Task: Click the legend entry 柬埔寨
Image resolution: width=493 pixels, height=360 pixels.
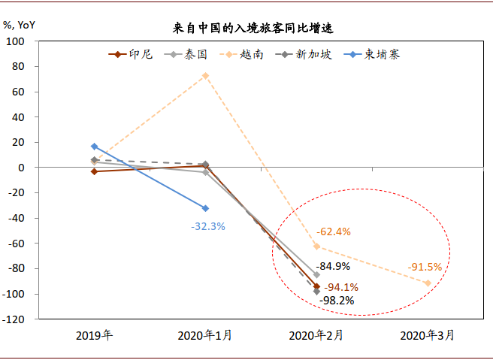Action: point(383,54)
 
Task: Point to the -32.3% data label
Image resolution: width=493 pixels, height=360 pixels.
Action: point(208,225)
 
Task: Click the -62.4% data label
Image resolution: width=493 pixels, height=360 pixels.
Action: point(334,231)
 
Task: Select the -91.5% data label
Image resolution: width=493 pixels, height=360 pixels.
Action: point(425,267)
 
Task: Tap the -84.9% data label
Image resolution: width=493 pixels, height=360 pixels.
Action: point(333,266)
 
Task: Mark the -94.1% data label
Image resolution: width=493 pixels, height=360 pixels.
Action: point(340,287)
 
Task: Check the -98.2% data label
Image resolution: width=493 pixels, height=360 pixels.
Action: point(336,300)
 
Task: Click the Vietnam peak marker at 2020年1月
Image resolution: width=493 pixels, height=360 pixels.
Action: point(205,76)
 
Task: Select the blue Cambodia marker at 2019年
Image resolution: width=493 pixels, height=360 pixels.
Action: point(94,147)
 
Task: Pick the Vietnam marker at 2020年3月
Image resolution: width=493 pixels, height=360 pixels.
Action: point(428,283)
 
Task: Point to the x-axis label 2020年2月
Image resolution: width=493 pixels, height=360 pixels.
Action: point(316,335)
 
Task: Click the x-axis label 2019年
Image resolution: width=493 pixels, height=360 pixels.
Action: point(94,335)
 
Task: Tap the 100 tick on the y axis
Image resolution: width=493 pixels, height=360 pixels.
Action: point(17,41)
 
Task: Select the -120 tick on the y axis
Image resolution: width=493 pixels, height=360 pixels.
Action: point(14,319)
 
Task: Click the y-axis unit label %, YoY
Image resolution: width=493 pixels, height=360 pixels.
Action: point(19,23)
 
